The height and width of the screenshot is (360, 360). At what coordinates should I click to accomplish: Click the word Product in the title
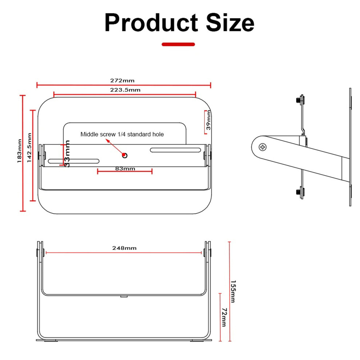[x=151, y=23]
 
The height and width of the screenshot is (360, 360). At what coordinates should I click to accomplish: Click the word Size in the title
[x=230, y=23]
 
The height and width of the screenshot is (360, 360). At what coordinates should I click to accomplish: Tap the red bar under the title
[x=178, y=44]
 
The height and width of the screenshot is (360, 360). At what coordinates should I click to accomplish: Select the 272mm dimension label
[x=122, y=81]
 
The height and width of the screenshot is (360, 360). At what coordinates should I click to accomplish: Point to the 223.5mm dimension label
[x=125, y=90]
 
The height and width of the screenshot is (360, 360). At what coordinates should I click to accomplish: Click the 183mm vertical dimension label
[x=19, y=151]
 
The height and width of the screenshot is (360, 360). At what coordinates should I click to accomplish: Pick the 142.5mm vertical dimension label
[x=29, y=148]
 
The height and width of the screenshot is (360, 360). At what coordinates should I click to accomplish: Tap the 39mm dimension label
[x=208, y=120]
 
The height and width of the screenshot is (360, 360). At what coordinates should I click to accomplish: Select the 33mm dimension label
[x=67, y=153]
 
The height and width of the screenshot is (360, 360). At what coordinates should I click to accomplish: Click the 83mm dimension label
[x=125, y=169]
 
